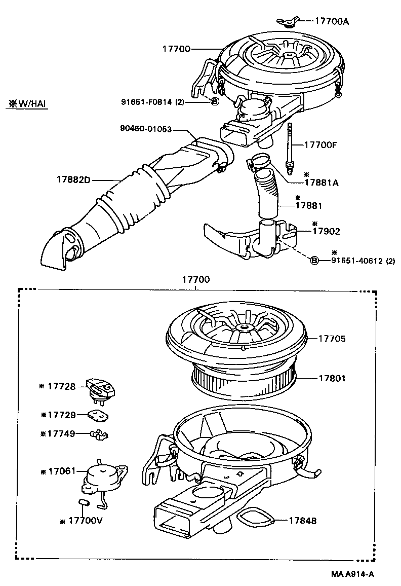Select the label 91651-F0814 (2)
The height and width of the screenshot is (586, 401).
(152, 101)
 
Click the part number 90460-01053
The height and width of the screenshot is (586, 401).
(146, 130)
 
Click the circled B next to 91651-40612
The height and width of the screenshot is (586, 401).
(314, 261)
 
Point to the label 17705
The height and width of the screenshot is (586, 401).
(332, 339)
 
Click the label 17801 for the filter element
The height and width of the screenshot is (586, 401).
(332, 378)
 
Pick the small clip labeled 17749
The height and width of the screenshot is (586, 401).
(100, 434)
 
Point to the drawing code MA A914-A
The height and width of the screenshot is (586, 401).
(353, 574)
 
